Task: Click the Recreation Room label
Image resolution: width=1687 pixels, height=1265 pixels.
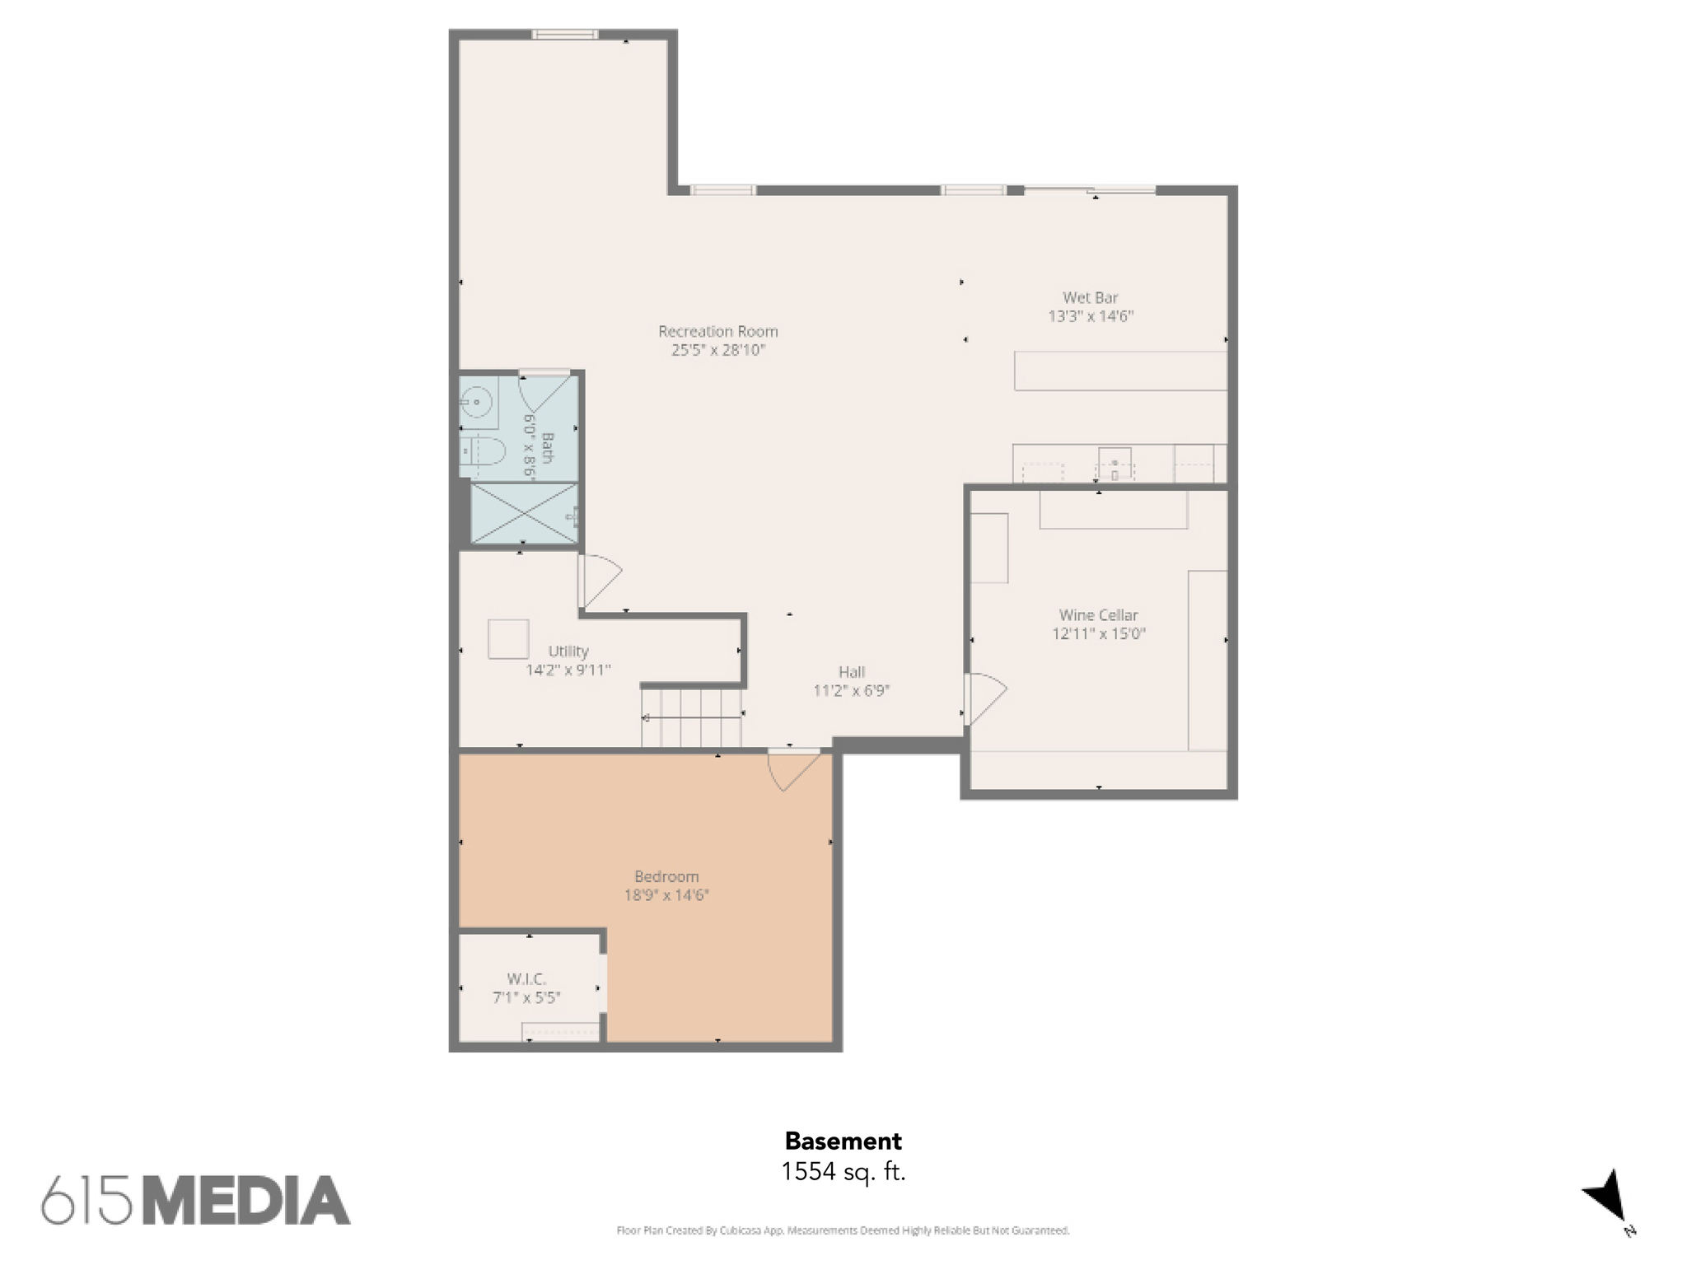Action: pos(717,332)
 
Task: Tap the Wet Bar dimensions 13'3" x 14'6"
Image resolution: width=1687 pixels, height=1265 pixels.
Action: pos(1091,316)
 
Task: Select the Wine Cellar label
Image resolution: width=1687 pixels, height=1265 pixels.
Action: pos(1098,615)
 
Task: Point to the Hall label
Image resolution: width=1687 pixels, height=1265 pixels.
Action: pos(852,672)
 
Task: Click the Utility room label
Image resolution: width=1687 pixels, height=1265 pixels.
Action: pos(568,651)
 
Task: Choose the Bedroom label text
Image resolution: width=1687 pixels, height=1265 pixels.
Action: pos(666,877)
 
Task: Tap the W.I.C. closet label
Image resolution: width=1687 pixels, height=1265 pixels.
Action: pos(526,979)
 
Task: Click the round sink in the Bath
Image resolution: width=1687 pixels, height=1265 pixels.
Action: pos(476,403)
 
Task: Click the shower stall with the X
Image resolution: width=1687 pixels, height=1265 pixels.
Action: pos(524,513)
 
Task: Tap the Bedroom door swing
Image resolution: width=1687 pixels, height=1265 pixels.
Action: pos(793,769)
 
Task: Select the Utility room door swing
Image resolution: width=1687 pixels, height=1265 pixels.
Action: pos(600,579)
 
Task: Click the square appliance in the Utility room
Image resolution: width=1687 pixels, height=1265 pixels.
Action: pos(508,638)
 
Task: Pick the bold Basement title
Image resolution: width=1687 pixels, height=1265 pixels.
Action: pos(843,1141)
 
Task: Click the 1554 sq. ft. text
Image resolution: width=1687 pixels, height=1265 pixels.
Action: pos(843,1171)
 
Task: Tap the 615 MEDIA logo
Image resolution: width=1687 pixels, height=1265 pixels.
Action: pos(196,1200)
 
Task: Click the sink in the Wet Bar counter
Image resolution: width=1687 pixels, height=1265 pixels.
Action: pos(1115,463)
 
